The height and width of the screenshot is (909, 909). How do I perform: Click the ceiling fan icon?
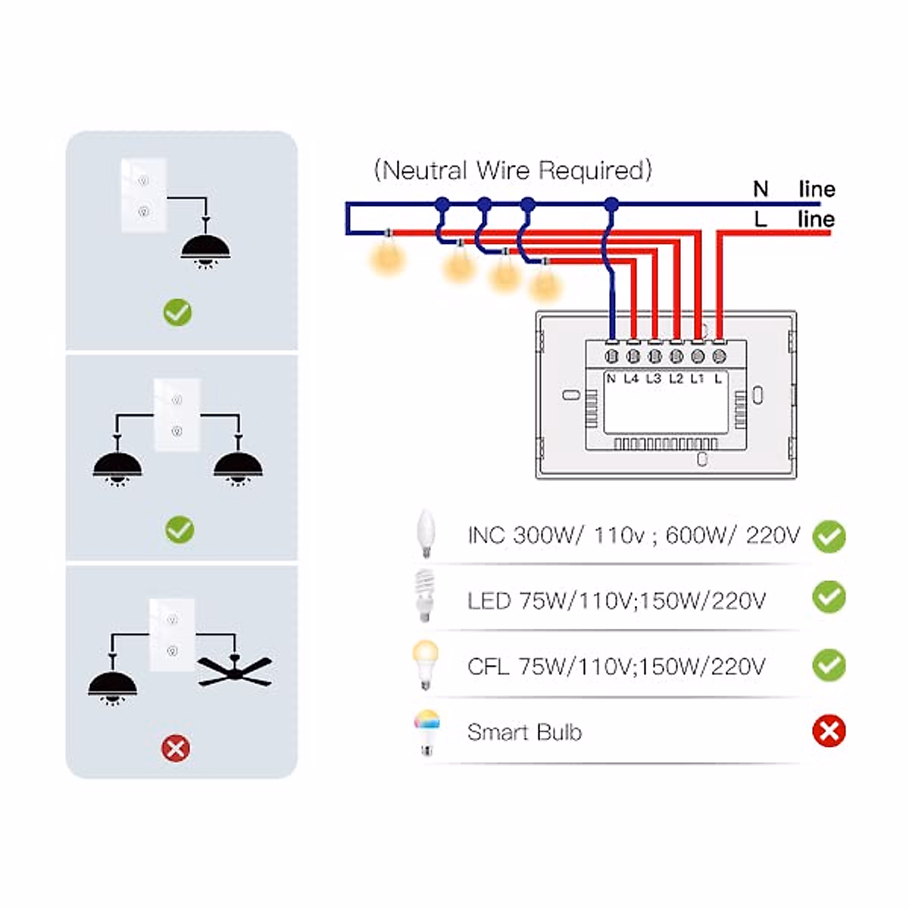(x=234, y=670)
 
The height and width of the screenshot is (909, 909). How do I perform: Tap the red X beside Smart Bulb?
(x=829, y=731)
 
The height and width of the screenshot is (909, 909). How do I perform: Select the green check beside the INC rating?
(x=829, y=536)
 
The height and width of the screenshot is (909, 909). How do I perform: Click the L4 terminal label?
(x=631, y=378)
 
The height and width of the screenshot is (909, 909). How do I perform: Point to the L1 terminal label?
(x=697, y=378)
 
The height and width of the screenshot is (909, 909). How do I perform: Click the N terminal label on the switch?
(x=611, y=378)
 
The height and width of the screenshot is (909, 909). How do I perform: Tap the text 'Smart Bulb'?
(x=524, y=732)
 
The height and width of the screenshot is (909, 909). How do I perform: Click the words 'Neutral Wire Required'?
(x=513, y=170)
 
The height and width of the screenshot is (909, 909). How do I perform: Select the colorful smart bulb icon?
(x=427, y=732)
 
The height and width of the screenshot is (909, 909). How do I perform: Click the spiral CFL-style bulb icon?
(x=424, y=596)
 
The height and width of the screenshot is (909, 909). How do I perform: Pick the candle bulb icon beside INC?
(x=426, y=533)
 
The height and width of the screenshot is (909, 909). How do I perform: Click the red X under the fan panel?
(x=176, y=748)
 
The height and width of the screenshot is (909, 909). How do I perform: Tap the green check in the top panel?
(x=177, y=313)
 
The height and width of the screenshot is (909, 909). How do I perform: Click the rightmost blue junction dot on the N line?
(x=611, y=205)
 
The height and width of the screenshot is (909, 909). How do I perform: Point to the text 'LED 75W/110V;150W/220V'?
(x=616, y=601)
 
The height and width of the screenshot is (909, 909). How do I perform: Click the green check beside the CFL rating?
(x=829, y=665)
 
